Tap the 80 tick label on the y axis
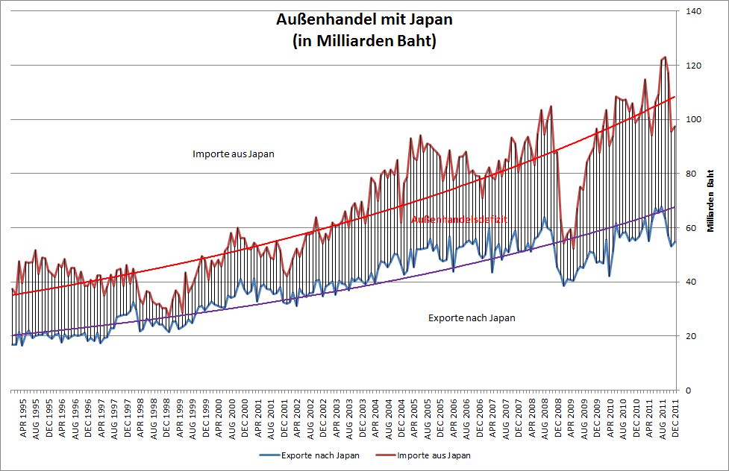pos(692,174)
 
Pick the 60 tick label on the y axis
pos(692,228)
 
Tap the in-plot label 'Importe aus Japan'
pos(234,154)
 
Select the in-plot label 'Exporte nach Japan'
pos(472,318)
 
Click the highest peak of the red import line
pos(664,57)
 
